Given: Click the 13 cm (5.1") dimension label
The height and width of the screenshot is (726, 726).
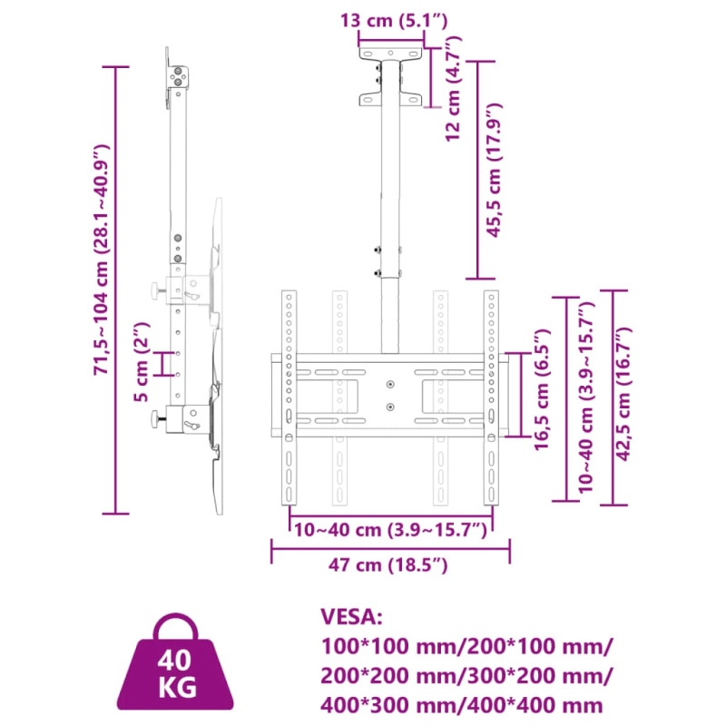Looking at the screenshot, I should tap(393, 20).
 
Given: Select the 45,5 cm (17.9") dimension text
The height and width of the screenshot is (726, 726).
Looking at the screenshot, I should tap(494, 170).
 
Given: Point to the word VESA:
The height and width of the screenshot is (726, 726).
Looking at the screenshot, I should tap(352, 618).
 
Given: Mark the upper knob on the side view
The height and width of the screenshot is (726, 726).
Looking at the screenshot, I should tap(158, 291).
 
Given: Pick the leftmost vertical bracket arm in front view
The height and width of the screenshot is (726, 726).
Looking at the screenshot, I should tap(289, 399).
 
